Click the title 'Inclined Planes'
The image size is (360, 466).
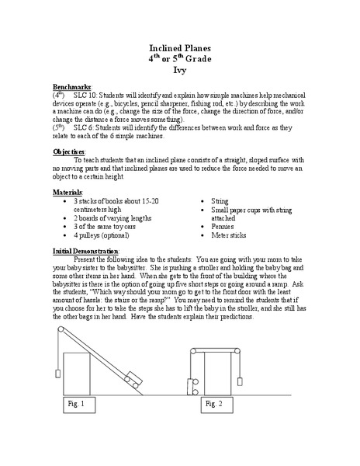pyautogui.click(x=180, y=48)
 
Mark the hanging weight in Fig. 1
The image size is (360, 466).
pyautogui.click(x=57, y=366)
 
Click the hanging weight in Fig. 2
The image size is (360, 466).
pyautogui.click(x=240, y=381)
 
